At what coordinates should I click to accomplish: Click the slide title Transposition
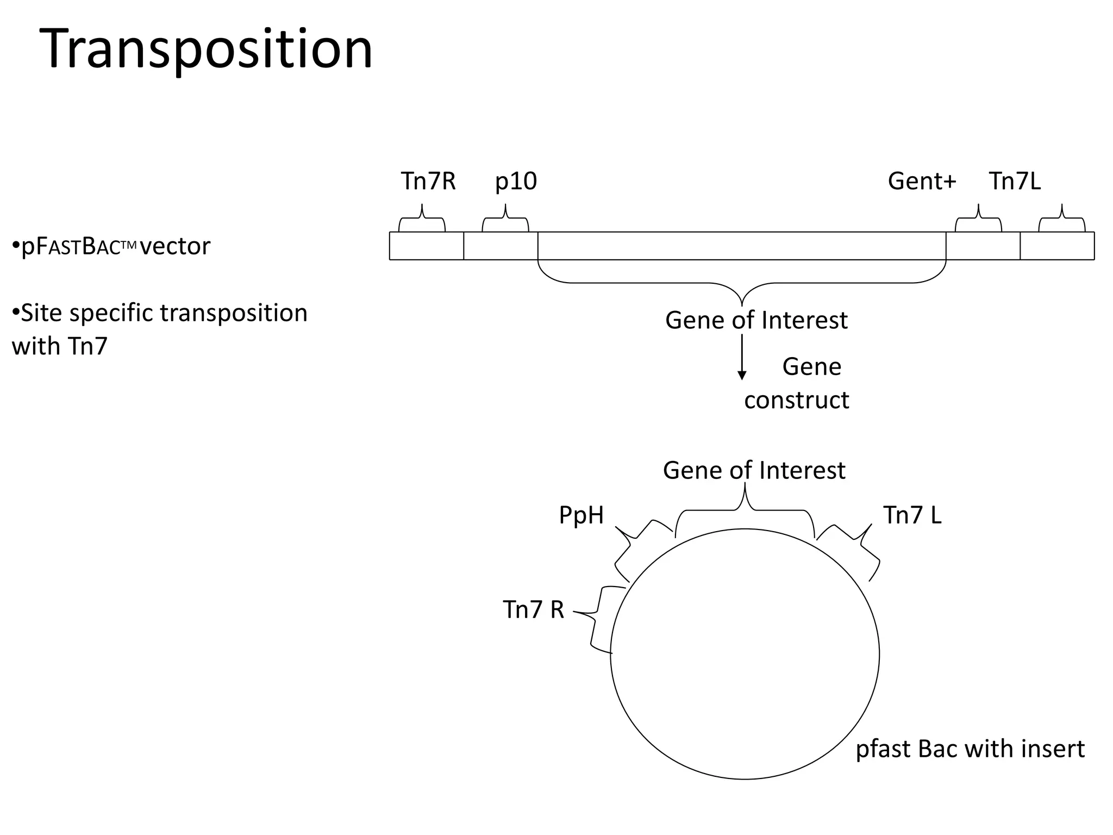207,49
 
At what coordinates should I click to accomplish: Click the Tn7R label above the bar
428,181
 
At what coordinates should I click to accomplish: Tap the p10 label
516,181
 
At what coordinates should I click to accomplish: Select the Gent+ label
922,181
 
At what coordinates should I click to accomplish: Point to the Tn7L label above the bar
1015,181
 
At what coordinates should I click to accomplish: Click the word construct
796,400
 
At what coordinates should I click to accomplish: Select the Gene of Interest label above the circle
754,470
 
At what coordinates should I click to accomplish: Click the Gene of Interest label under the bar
756,320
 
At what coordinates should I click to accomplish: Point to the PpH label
581,515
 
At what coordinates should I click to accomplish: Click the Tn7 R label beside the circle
533,609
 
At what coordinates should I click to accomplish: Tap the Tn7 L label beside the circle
912,515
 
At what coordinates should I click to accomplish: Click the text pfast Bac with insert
970,749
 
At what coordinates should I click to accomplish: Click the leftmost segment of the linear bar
427,246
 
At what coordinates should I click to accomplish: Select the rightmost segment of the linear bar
1057,246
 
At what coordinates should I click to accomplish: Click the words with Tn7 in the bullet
60,346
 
